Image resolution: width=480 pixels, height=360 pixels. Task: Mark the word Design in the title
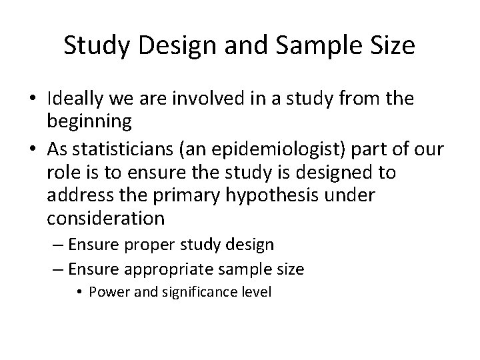(x=167, y=45)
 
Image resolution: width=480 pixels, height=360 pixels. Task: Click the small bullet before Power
(x=81, y=292)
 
